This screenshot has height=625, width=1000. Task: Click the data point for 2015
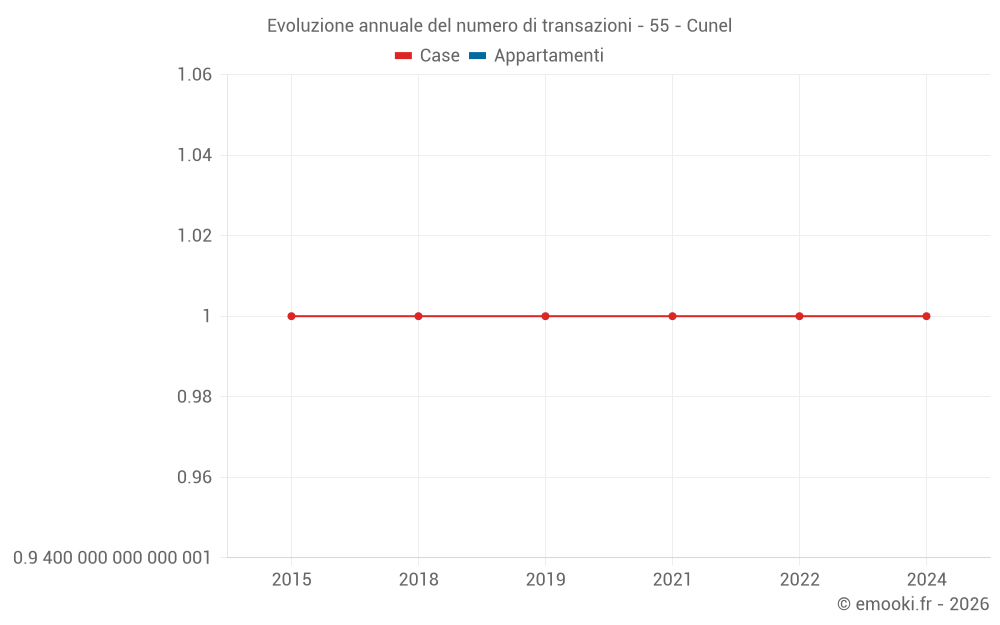tap(291, 316)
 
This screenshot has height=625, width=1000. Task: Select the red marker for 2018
tap(418, 316)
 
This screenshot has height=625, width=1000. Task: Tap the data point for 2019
tap(545, 316)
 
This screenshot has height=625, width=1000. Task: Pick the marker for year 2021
tap(672, 316)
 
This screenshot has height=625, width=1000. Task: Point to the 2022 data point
tap(799, 316)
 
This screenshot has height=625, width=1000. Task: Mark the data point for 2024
tap(926, 316)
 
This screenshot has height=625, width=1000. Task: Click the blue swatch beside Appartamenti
tap(478, 56)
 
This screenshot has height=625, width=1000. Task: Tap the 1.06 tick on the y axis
tap(194, 75)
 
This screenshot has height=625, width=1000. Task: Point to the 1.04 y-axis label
tap(194, 155)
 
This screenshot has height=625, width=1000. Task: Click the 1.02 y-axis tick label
tap(194, 236)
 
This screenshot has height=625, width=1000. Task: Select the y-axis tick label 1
tap(207, 316)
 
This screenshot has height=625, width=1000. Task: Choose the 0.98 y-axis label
tap(194, 397)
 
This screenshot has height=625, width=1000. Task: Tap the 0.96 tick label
tap(194, 477)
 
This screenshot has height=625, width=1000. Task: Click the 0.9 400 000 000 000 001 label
tap(112, 558)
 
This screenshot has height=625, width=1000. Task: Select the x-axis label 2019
tap(545, 580)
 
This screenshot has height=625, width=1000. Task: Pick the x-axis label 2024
tap(926, 580)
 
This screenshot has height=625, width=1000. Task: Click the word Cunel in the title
tap(709, 26)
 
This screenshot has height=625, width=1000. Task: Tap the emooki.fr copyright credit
tap(912, 604)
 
